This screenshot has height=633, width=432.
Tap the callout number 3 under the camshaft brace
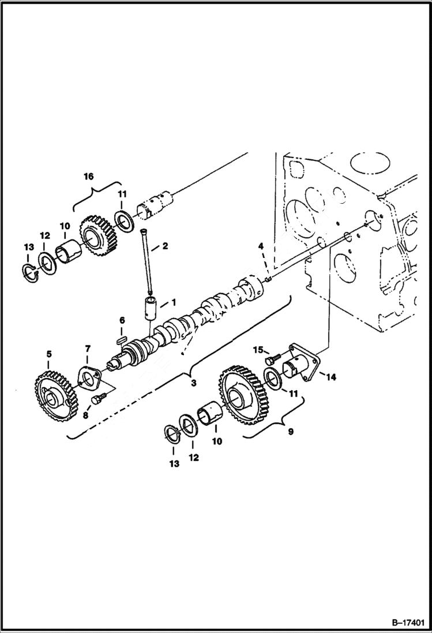[x=192, y=382]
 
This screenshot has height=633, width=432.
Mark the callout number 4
[x=261, y=246]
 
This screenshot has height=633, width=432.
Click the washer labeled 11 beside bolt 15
[x=272, y=381]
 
